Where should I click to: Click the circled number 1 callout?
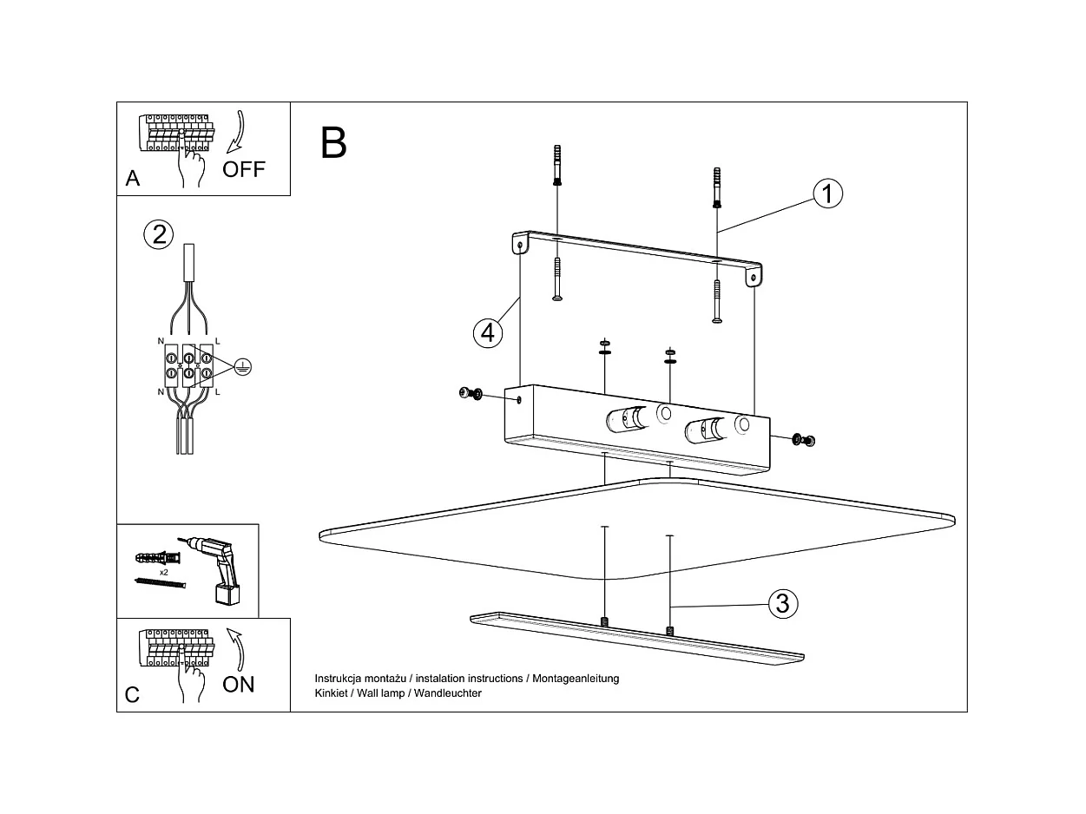pos(827,194)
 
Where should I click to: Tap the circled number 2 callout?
pos(158,234)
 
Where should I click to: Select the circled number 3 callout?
pos(782,603)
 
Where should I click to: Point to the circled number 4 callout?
pos(489,332)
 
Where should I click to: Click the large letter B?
pos(333,143)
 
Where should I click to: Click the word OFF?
pos(244,169)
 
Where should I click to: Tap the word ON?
pos(239,684)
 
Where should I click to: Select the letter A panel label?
pos(133,179)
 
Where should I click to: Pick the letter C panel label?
pos(132,695)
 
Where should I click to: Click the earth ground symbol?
pos(244,368)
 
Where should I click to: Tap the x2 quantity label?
pos(163,573)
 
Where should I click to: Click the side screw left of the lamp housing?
pos(471,395)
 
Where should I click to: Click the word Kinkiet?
pos(332,693)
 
